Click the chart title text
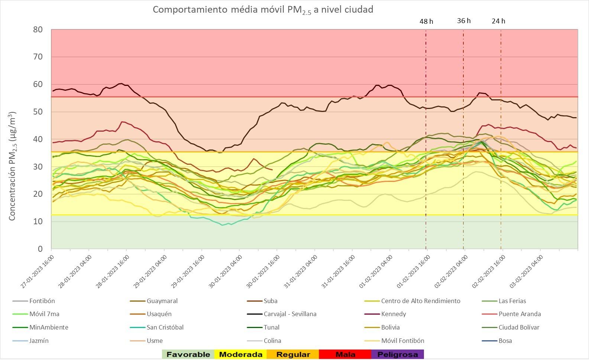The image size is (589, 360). click(x=263, y=10)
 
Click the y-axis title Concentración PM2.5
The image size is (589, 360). click(x=12, y=166)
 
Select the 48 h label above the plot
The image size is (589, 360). click(x=426, y=21)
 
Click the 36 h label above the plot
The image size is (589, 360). click(x=464, y=21)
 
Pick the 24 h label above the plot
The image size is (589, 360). click(x=498, y=21)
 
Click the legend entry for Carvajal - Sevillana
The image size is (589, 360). click(x=290, y=314)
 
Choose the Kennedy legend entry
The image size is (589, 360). click(x=393, y=314)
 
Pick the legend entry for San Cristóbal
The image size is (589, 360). click(x=165, y=327)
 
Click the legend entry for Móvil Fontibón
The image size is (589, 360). click(x=402, y=341)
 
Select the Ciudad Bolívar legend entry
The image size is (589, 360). click(x=519, y=327)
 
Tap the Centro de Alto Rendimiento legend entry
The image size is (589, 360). click(x=420, y=301)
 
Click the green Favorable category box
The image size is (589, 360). click(x=188, y=354)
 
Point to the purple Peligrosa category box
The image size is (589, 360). click(x=398, y=354)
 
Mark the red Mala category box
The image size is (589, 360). click(x=345, y=354)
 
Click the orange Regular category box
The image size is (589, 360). click(x=293, y=354)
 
